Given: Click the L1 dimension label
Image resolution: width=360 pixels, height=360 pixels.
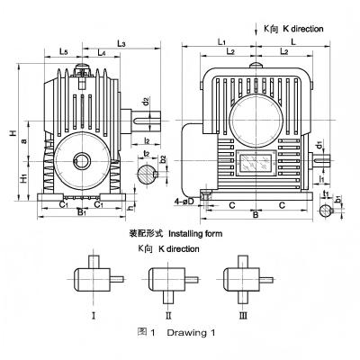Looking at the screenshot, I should pos(221,42).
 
